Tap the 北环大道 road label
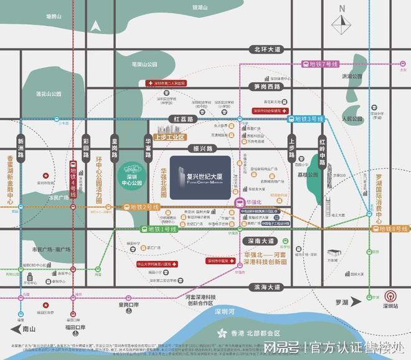(x=264, y=49)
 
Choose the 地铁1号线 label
(x=158, y=229)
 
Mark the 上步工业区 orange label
(x=171, y=136)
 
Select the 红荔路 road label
(x=184, y=118)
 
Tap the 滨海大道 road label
(x=264, y=287)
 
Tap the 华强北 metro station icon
(x=240, y=202)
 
